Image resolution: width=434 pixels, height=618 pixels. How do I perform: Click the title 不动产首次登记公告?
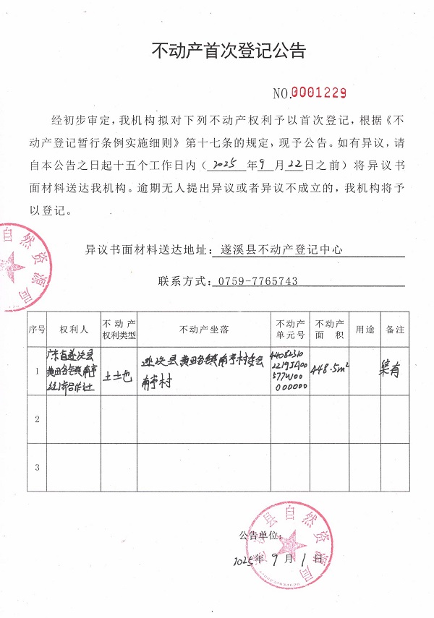229,51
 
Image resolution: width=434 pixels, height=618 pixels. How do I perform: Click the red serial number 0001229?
319,93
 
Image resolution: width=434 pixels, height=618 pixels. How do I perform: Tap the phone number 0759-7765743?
256,281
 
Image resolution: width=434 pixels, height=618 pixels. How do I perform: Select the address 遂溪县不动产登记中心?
280,250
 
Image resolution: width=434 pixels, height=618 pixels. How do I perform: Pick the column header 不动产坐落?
205,330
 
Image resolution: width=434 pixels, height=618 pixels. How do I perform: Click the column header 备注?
395,330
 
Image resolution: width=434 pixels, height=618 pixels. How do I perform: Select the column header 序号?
37,330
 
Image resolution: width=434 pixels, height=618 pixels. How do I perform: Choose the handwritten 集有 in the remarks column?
390,371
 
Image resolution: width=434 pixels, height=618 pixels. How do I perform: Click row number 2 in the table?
37,419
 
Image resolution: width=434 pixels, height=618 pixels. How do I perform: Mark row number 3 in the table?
37,467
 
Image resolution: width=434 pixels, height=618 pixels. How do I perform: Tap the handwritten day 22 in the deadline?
294,163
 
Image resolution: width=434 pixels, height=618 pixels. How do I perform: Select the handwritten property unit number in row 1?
290,371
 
